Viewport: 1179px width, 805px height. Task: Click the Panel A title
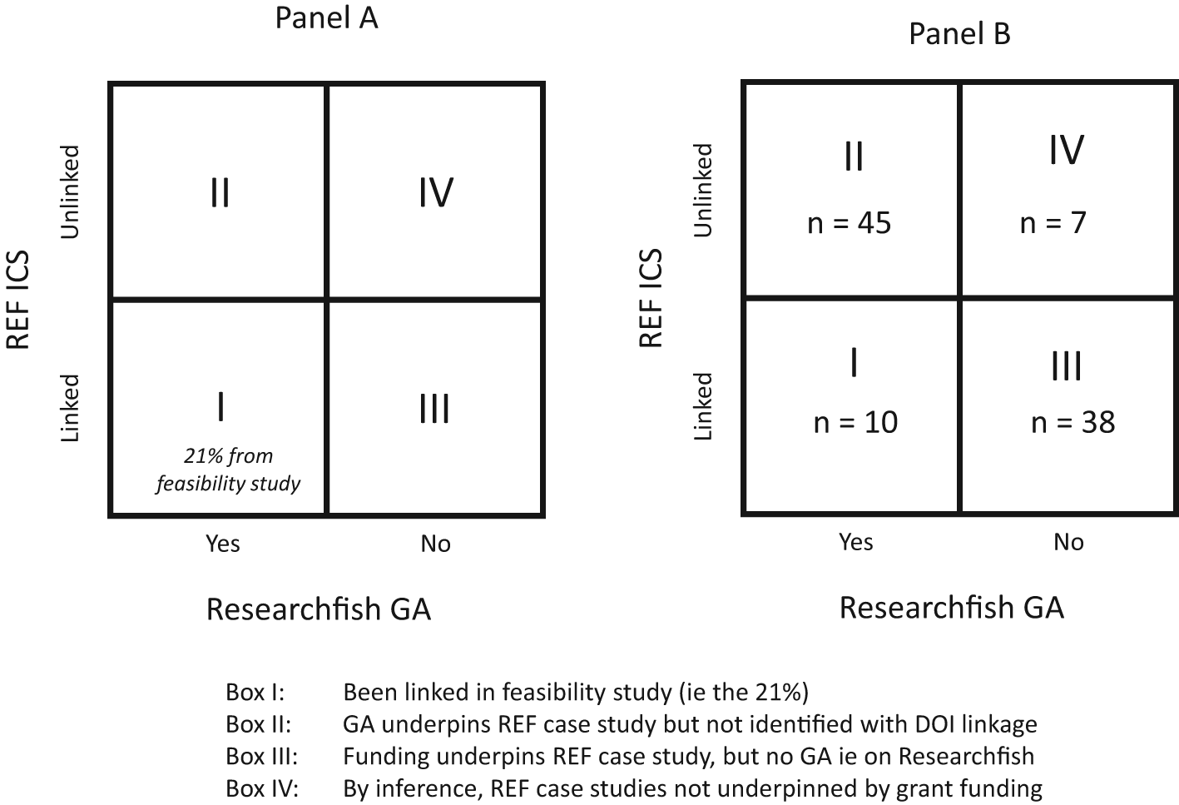click(x=326, y=18)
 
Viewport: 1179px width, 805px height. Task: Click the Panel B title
click(x=959, y=34)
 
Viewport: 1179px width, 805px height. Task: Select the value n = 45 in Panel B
click(x=849, y=223)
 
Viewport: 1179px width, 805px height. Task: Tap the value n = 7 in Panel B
click(x=1053, y=223)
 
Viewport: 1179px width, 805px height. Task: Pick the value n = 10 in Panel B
click(x=855, y=422)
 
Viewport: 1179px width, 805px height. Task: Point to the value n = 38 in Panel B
click(x=1072, y=422)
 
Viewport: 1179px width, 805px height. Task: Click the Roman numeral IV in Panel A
click(x=435, y=192)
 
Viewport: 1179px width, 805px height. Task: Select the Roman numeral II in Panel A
click(x=220, y=192)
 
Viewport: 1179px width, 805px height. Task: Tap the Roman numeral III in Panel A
click(x=433, y=409)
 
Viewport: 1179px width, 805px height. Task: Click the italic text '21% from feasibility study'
click(x=227, y=470)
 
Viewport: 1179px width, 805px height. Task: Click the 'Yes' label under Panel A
click(x=222, y=544)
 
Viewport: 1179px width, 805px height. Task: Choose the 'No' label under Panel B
click(x=1068, y=542)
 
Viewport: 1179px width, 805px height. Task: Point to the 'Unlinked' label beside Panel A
click(x=70, y=191)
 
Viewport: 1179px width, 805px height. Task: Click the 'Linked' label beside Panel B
click(x=703, y=406)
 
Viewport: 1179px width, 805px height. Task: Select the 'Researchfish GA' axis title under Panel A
click(x=318, y=609)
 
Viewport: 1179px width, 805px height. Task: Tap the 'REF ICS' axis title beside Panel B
click(x=651, y=298)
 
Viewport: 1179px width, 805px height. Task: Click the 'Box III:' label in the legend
click(x=261, y=757)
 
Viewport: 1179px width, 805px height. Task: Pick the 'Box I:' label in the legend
click(x=255, y=692)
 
